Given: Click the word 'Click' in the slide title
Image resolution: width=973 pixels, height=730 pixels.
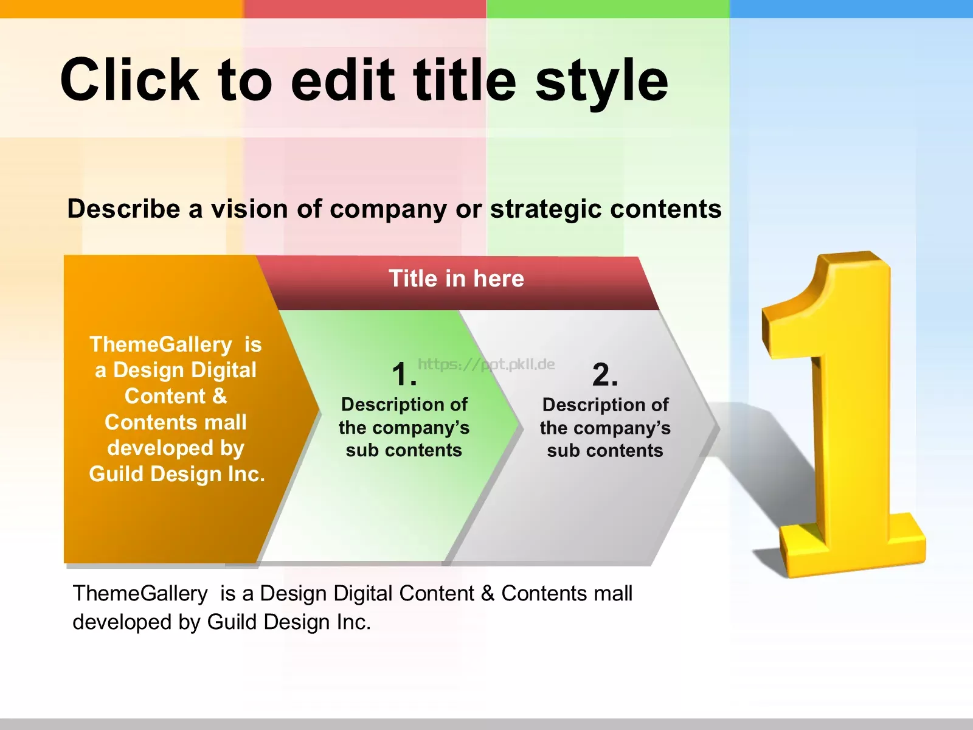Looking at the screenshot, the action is coord(130,80).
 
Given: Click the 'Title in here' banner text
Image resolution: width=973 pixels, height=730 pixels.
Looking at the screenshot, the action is coord(456,279).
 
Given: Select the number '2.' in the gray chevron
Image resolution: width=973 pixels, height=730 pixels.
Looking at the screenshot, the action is coord(605,375).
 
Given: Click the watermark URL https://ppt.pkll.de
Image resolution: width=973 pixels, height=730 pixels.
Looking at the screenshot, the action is coord(486,364).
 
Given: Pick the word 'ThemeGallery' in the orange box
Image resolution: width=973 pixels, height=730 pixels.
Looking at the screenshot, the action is coord(161,345).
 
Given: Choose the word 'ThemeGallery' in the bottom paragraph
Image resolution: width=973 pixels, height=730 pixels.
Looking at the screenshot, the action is coord(140,594).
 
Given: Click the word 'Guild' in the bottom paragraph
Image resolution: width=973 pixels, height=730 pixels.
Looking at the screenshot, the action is coord(232,622).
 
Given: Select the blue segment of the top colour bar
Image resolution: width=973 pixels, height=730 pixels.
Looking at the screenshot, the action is coord(851,9).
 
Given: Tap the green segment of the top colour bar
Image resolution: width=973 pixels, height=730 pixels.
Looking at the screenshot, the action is coord(608,9).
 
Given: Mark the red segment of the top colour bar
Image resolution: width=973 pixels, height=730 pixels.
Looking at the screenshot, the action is coord(365,9).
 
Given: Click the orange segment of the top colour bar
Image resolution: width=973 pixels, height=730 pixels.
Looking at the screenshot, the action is coord(122,9).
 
